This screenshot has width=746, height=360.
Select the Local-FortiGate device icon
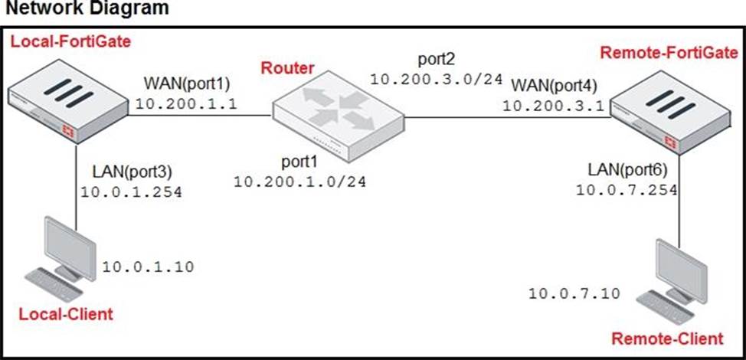point(67,97)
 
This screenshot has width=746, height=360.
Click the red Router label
point(287,67)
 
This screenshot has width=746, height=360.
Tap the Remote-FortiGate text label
point(669,53)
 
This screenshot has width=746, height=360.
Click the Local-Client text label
point(65,313)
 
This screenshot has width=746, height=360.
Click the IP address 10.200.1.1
point(176,102)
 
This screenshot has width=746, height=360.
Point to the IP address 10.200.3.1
point(546,104)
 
